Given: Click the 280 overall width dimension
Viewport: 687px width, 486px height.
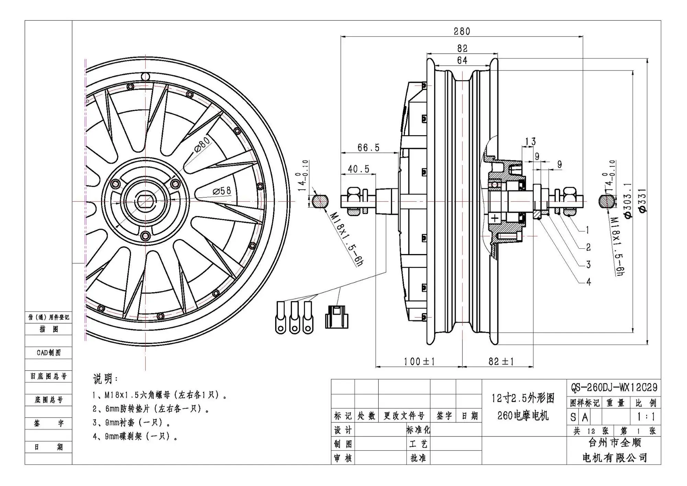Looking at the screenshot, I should [x=461, y=32].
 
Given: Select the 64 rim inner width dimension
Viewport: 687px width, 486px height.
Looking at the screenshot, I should [x=462, y=61].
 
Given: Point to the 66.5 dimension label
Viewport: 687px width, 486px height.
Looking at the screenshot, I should [x=368, y=148].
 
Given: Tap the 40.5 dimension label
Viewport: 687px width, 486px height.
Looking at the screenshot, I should [x=358, y=169].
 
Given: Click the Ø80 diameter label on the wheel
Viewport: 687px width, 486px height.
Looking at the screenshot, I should [x=202, y=144].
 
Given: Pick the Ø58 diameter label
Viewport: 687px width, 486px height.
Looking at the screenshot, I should [x=222, y=191].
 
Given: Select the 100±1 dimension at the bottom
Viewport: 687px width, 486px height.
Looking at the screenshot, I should [x=419, y=361].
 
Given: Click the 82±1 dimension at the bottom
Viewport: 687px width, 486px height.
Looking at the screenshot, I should [x=501, y=361].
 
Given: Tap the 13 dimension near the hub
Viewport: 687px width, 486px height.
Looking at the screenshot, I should [x=530, y=141].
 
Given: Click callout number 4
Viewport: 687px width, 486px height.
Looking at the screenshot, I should [x=588, y=282].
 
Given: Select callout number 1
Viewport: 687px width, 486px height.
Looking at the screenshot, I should [x=588, y=230].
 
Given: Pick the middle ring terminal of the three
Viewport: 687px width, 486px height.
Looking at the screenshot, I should [x=295, y=318].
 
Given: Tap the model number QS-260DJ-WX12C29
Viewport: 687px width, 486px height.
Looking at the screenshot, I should [x=614, y=388].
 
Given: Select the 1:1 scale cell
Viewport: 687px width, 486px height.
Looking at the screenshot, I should [x=646, y=417].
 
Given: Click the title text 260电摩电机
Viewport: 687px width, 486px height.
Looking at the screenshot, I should [x=523, y=416].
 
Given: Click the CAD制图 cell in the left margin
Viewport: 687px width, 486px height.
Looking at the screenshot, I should [x=48, y=353].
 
